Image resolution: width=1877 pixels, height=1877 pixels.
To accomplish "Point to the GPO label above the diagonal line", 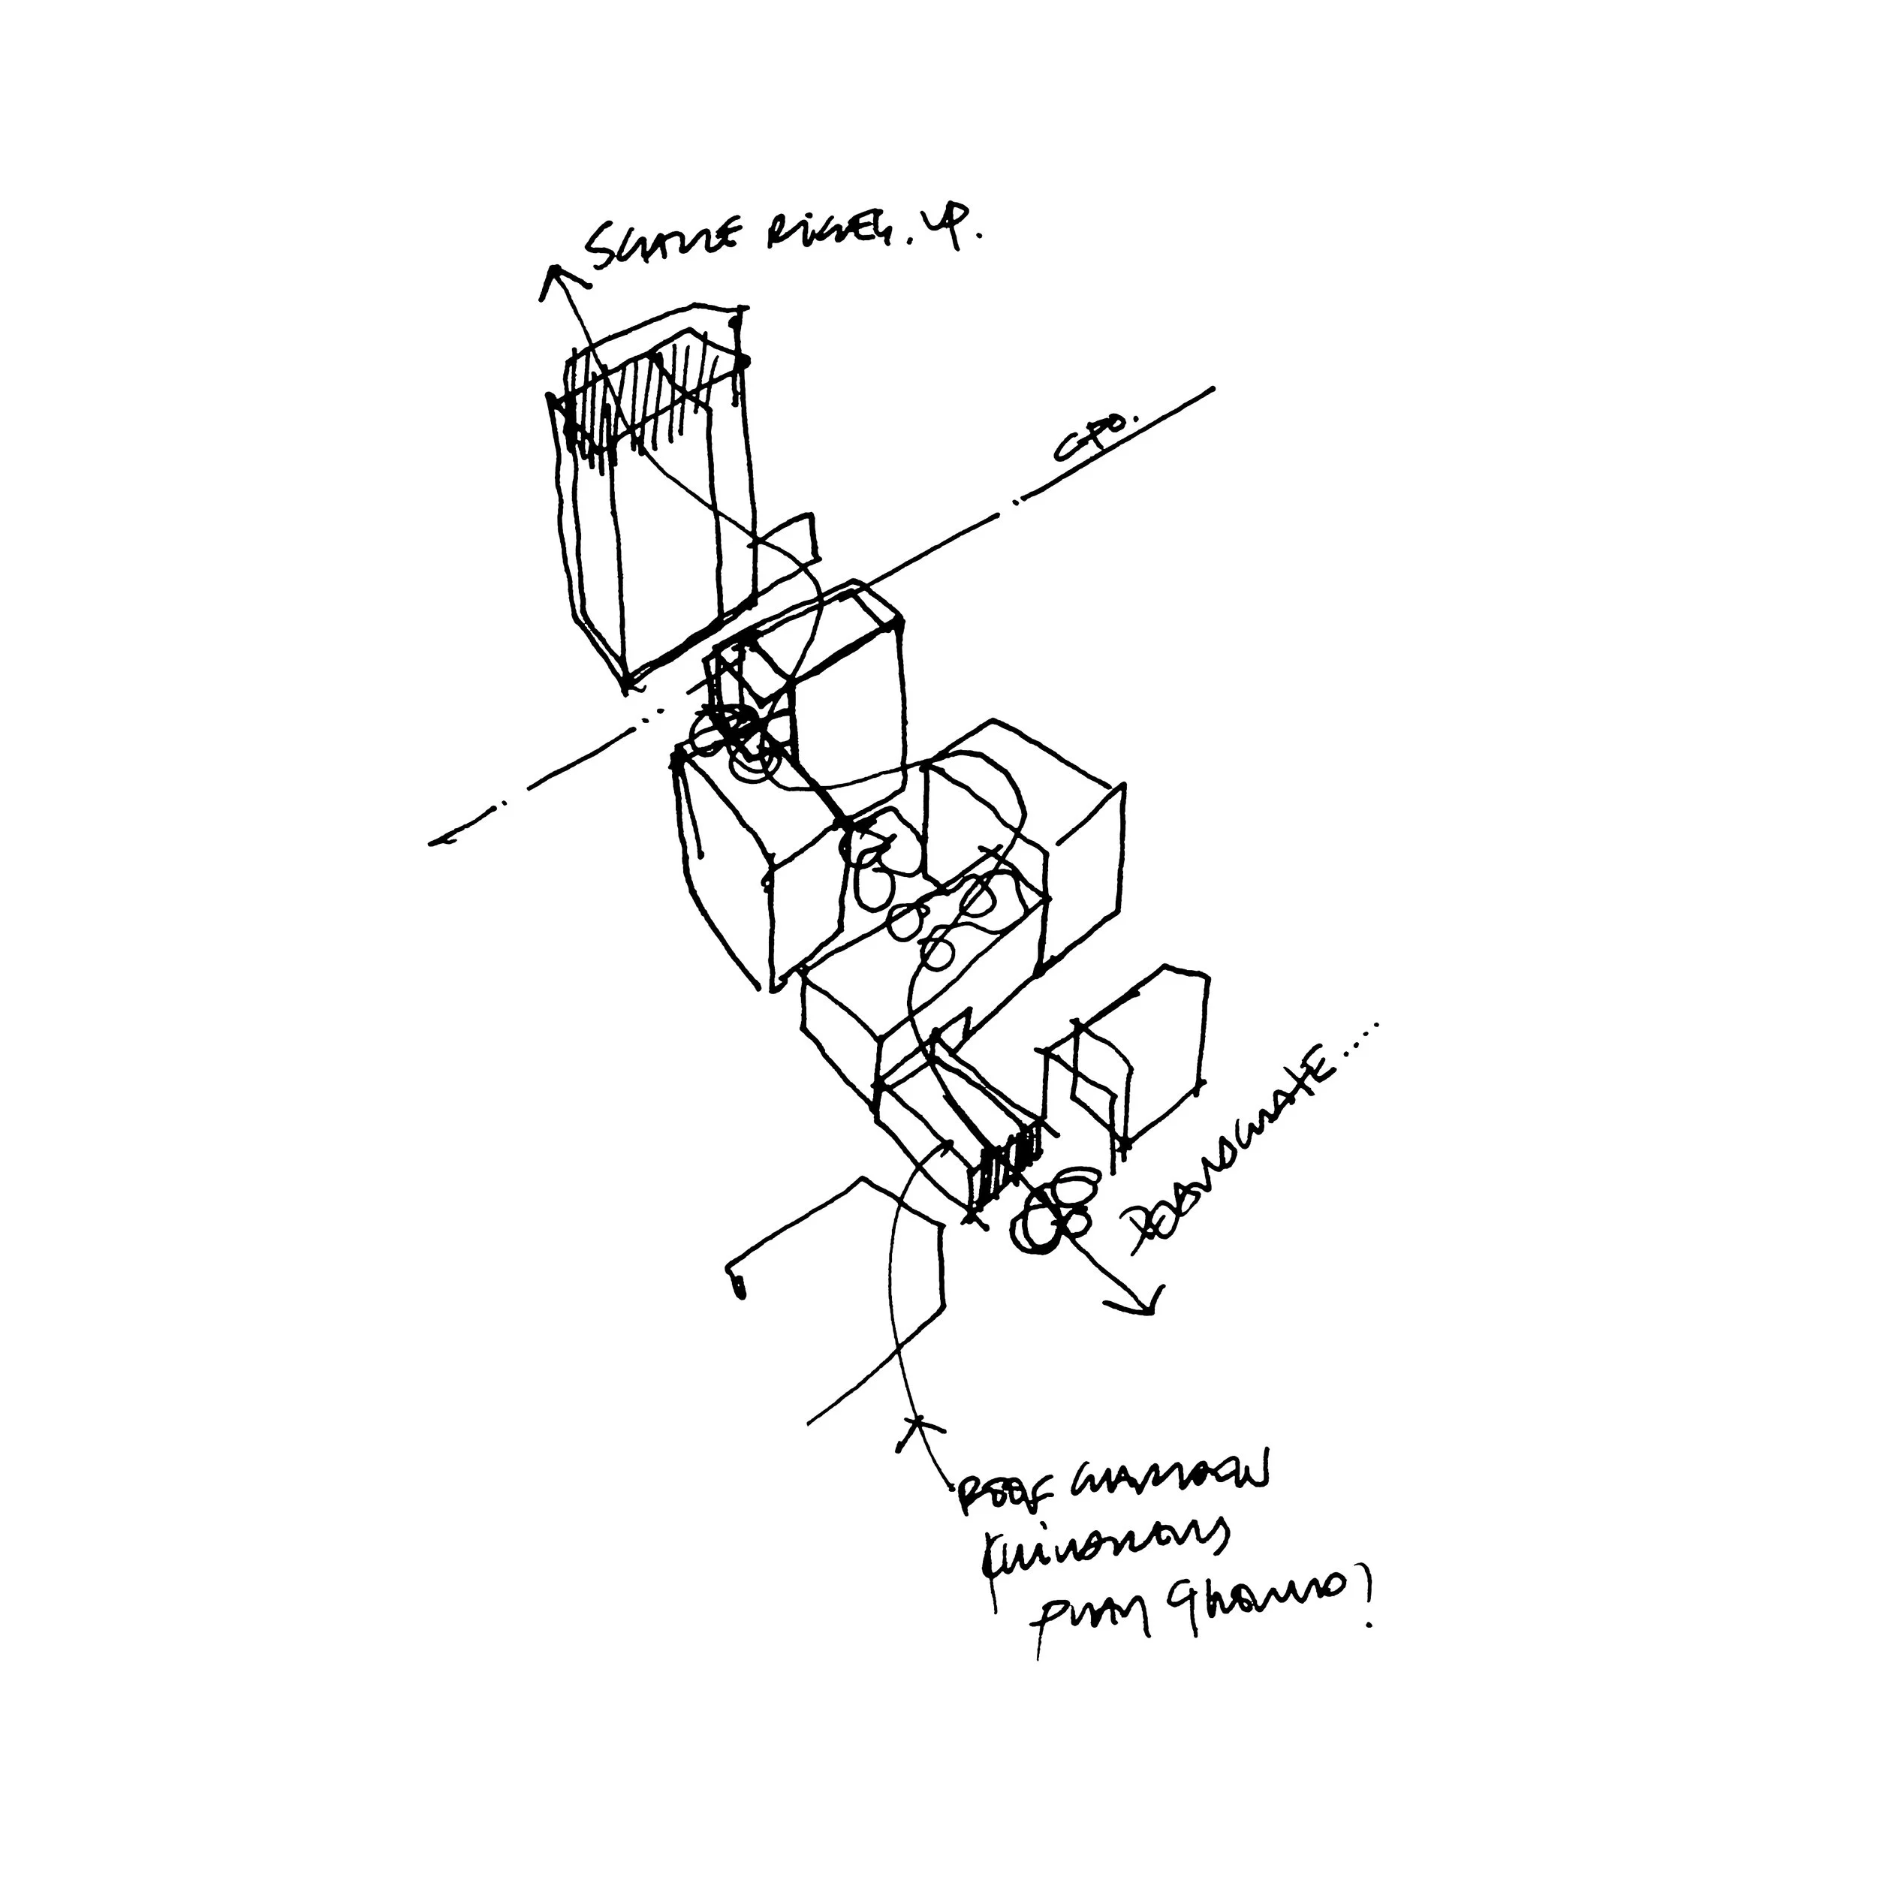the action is point(1090,436).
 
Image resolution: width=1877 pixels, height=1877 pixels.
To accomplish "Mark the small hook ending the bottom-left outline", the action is point(737,1282).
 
